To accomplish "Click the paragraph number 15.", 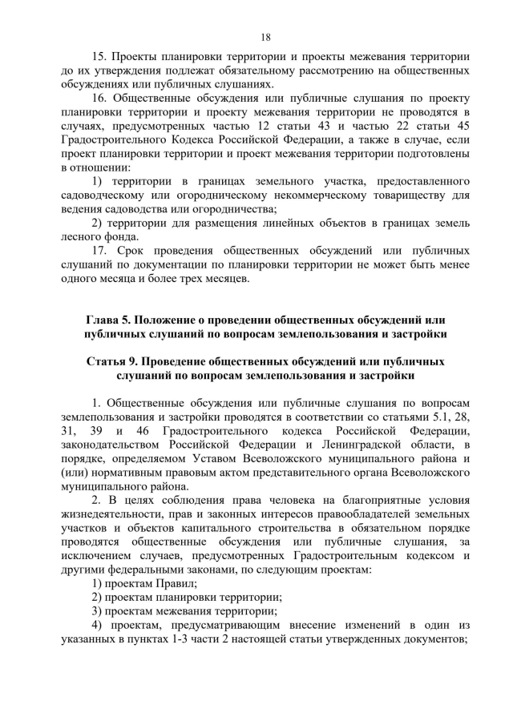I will (x=102, y=57).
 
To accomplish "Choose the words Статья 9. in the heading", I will (x=118, y=361).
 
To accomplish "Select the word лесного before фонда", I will (x=79, y=236).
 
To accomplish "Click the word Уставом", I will (x=218, y=459).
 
